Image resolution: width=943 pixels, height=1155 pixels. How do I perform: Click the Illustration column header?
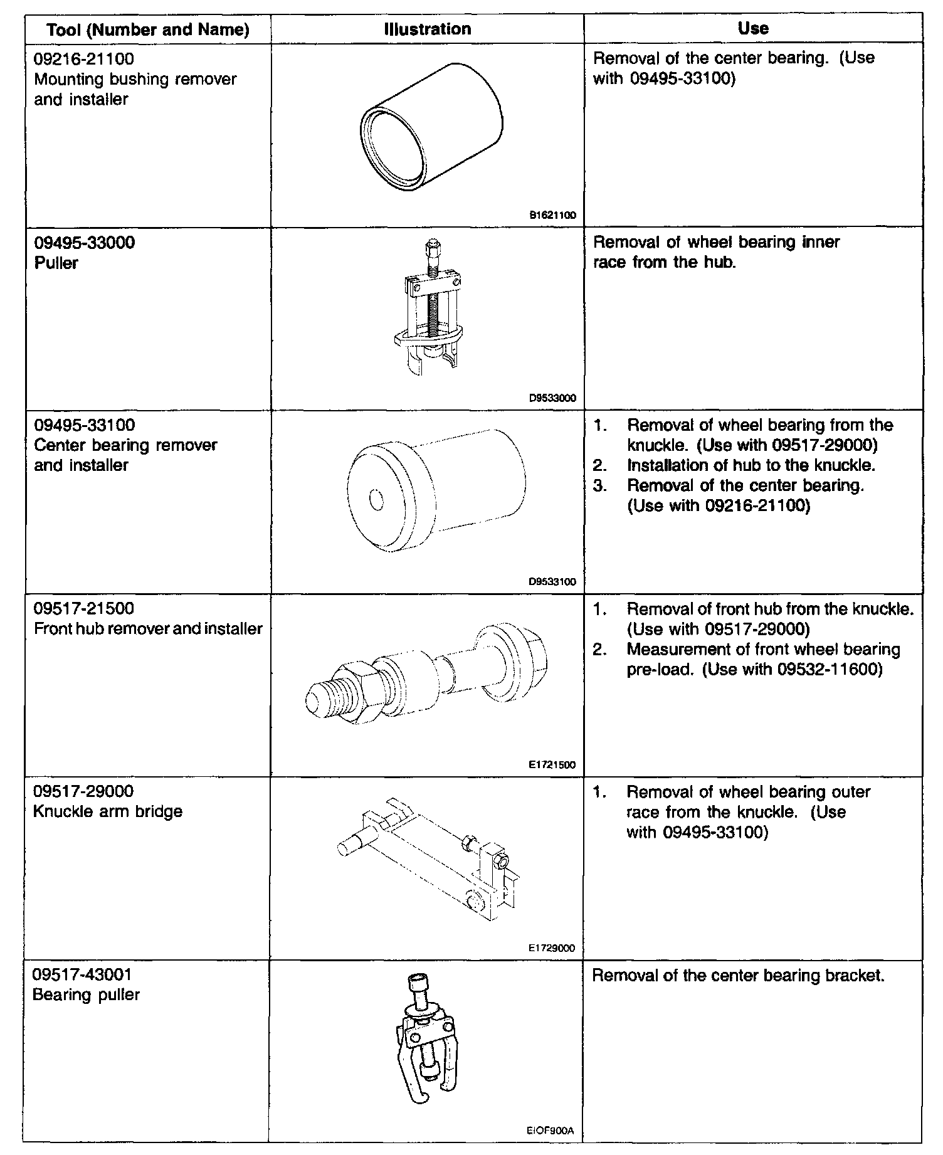[x=427, y=29]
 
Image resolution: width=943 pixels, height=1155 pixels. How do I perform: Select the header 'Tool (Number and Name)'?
[x=148, y=29]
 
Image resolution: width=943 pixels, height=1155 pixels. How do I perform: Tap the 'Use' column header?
[x=753, y=28]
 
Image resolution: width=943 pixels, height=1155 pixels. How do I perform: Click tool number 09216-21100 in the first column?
[x=84, y=59]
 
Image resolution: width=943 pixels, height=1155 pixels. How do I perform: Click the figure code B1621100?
[x=552, y=215]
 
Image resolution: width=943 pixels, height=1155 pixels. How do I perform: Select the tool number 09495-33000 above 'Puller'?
[x=84, y=243]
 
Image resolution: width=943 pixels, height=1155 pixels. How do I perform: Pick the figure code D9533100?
[x=552, y=581]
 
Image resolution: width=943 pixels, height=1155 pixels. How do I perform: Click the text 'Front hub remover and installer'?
[x=148, y=629]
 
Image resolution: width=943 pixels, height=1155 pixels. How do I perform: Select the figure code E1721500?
[x=552, y=765]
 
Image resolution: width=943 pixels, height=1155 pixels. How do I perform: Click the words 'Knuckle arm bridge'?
[x=107, y=811]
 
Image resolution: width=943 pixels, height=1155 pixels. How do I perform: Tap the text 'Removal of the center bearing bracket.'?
[x=738, y=976]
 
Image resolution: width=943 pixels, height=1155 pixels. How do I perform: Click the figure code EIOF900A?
[x=551, y=1132]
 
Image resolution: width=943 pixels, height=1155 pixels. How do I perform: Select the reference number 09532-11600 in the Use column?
[x=830, y=670]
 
